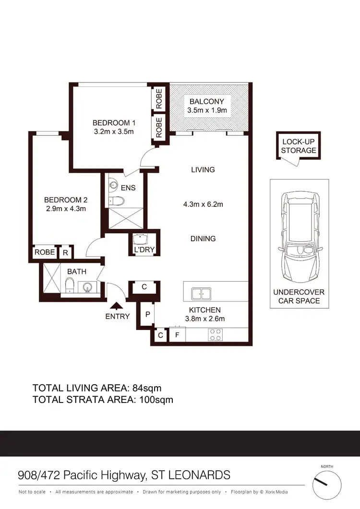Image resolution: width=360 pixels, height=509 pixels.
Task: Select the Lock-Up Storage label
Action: click(x=299, y=146)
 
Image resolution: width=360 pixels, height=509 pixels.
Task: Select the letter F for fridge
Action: click(x=177, y=335)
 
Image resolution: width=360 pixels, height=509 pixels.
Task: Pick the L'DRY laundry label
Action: click(x=143, y=250)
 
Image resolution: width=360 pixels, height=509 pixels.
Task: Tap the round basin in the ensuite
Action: click(x=113, y=184)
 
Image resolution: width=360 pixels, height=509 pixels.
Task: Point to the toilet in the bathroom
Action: click(x=69, y=286)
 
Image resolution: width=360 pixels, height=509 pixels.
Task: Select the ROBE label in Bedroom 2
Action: click(x=45, y=252)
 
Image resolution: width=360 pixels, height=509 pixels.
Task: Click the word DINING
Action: click(x=203, y=238)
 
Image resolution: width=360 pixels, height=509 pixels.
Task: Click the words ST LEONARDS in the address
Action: click(x=191, y=475)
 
